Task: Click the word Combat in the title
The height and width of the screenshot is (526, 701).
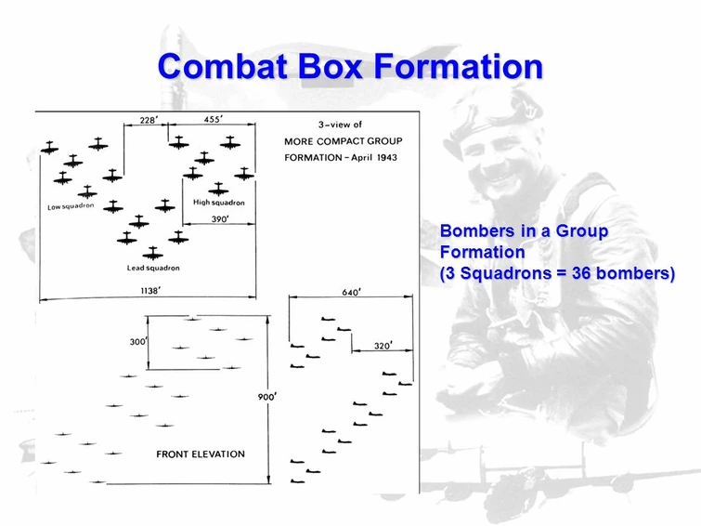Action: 222,66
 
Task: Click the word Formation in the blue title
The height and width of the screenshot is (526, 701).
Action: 459,66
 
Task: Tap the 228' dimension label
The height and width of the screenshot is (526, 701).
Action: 149,120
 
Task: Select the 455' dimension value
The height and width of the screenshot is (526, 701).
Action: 214,119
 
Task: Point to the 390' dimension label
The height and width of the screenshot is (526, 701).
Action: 220,219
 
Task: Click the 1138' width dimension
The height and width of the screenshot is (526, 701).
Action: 150,291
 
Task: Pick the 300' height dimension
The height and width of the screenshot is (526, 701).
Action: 138,342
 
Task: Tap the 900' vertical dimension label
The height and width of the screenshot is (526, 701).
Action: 267,397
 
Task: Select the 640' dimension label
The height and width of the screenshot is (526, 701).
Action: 351,293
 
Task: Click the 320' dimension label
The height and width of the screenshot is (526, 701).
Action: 383,346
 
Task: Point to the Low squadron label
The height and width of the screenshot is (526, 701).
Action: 71,206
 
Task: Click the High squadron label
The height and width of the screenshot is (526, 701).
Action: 219,203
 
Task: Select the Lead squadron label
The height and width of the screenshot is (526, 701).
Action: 153,268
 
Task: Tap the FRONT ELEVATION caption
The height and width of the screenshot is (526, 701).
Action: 201,454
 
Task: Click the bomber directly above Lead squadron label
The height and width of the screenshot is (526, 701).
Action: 153,254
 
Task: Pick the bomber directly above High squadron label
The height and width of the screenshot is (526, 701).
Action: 218,190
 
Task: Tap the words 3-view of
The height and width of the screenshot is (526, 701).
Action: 340,125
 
